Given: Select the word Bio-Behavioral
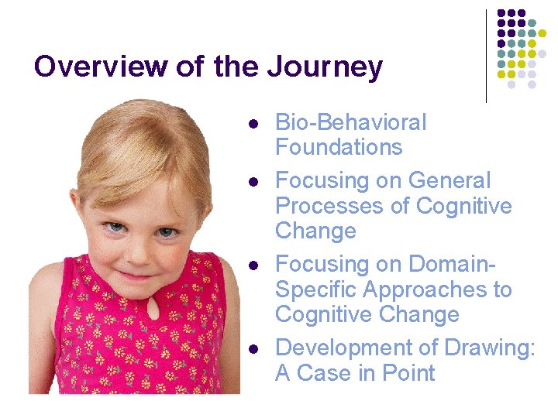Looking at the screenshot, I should (x=351, y=122).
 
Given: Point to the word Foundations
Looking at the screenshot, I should (x=339, y=147).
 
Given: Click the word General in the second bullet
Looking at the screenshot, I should (x=449, y=180).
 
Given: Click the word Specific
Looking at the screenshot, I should (x=316, y=290).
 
